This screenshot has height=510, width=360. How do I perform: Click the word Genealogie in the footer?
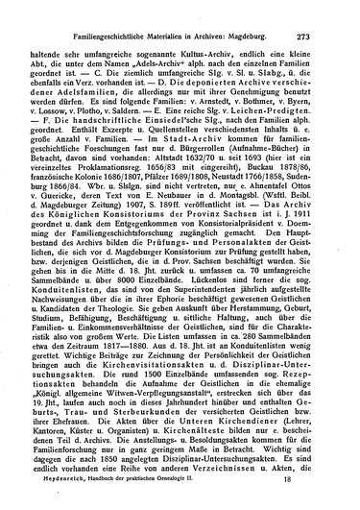(x=241, y=500)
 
